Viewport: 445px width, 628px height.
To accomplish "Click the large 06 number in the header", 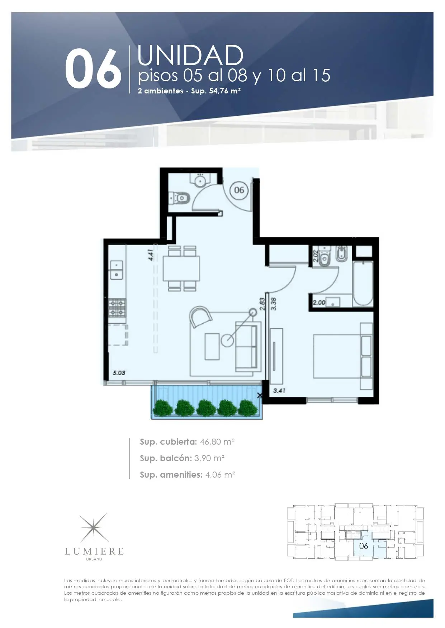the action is click(x=93, y=70).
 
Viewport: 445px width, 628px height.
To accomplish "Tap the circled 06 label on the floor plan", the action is click(x=239, y=190).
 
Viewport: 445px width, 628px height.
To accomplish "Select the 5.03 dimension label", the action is click(x=119, y=373).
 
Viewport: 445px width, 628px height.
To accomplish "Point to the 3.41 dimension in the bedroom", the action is click(x=279, y=391).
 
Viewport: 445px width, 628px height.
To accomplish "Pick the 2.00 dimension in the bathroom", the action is click(x=319, y=303).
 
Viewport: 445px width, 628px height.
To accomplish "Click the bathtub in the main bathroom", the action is click(x=363, y=283).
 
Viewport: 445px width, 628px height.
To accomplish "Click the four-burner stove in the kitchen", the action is click(x=118, y=308).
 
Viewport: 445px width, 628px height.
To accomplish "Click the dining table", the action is click(x=181, y=269).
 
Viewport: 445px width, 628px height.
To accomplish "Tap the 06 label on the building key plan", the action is click(x=364, y=546).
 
